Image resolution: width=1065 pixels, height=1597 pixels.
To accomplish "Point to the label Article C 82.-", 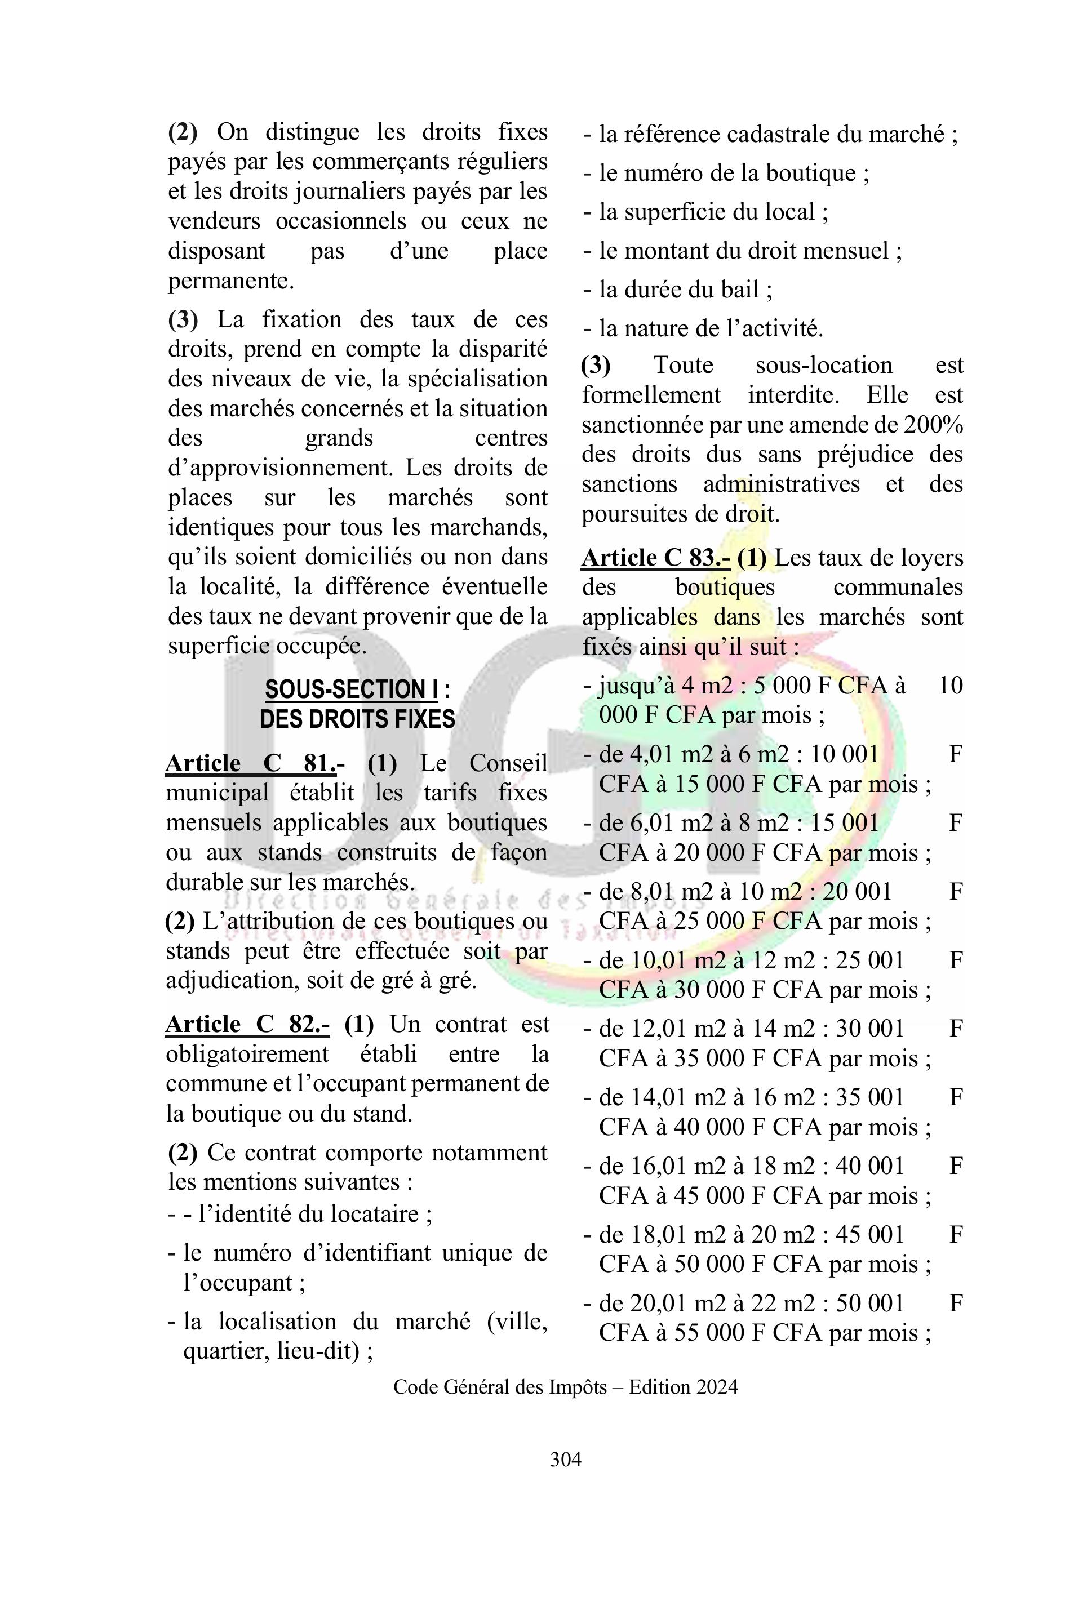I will tap(248, 1024).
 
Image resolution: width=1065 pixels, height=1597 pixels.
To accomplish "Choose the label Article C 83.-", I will tap(655, 558).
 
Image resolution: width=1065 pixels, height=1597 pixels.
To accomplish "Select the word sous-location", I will tap(823, 365).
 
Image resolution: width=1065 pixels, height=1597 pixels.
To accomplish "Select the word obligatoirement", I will tap(247, 1054).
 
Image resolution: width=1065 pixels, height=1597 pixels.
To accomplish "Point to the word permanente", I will tap(231, 281).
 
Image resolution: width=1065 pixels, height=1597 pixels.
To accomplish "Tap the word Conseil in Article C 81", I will tap(507, 763).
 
